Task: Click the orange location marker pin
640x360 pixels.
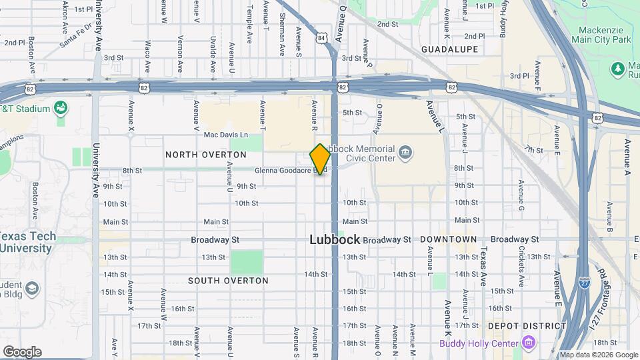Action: [321, 159]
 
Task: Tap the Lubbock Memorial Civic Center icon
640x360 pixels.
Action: [405, 154]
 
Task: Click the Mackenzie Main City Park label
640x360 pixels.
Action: [596, 35]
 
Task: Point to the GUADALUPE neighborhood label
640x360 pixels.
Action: [450, 50]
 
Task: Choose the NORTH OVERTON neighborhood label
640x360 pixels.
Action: [205, 155]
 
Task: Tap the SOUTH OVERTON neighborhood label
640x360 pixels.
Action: [228, 281]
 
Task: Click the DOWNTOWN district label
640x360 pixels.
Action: [448, 239]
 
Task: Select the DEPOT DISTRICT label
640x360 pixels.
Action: [527, 326]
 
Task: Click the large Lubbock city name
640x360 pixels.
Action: [335, 239]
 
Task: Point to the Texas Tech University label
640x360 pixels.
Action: [25, 242]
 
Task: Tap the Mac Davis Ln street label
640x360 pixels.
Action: [225, 135]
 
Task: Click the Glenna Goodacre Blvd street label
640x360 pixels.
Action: [291, 171]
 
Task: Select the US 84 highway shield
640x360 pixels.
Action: [323, 38]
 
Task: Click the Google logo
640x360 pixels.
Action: [22, 352]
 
